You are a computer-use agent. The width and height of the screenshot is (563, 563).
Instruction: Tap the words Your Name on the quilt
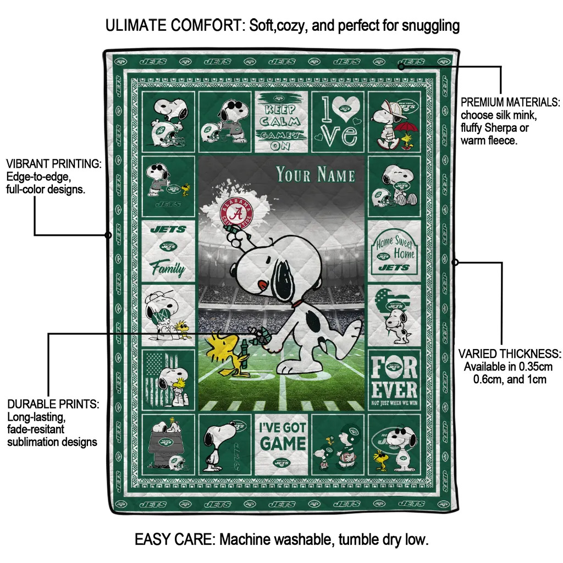316,175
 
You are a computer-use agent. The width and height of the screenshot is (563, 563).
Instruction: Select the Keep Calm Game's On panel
280,122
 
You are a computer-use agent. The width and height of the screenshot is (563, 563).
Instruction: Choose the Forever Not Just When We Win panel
394,379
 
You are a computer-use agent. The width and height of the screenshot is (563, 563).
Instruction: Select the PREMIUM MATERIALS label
510,102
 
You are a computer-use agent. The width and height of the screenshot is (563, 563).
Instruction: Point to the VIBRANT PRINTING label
53,164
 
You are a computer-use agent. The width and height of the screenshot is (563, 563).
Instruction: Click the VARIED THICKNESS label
510,354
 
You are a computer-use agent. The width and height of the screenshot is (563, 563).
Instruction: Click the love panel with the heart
338,122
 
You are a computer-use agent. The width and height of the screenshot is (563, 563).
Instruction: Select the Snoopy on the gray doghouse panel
168,443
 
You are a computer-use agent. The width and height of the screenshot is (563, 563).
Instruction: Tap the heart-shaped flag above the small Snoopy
394,302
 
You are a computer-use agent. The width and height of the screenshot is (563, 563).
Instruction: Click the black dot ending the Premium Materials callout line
401,67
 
